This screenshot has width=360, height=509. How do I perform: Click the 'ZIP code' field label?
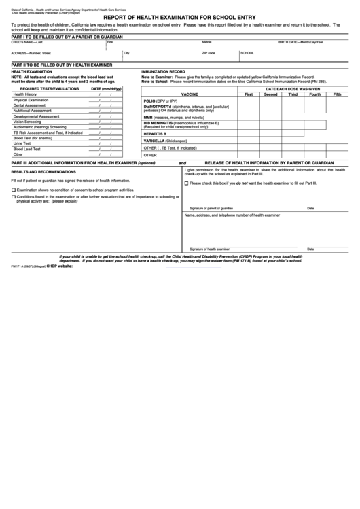pyautogui.click(x=209, y=52)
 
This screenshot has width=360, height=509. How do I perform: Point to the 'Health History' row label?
pyautogui.click(x=25, y=94)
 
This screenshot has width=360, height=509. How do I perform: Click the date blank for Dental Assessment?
pyautogui.click(x=106, y=105)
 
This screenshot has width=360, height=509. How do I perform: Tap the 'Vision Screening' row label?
pyautogui.click(x=27, y=122)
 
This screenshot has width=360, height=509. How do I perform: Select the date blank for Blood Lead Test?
pyautogui.click(x=106, y=149)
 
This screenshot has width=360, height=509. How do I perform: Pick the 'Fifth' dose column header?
pyautogui.click(x=338, y=94)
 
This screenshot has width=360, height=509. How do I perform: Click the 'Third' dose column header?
pyautogui.click(x=293, y=94)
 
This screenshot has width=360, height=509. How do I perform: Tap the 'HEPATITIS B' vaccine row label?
pyautogui.click(x=155, y=133)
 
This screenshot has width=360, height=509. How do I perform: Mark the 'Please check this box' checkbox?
pyautogui.click(x=186, y=183)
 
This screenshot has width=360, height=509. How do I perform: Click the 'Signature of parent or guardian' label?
pyautogui.click(x=211, y=208)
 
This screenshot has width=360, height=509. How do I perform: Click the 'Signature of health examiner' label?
pyautogui.click(x=210, y=249)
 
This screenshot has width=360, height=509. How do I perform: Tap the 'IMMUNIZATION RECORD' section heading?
pyautogui.click(x=163, y=71)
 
